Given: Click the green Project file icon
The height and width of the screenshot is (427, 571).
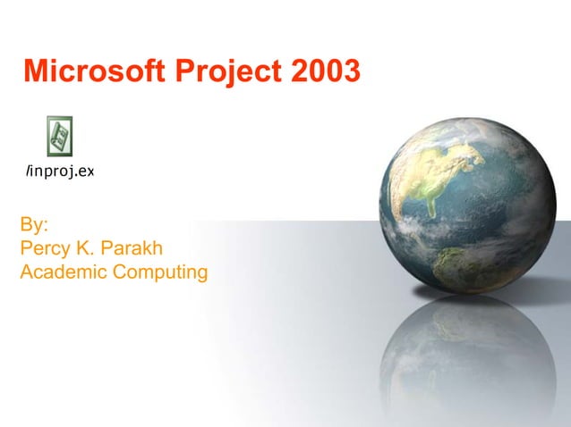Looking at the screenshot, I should tap(60, 137).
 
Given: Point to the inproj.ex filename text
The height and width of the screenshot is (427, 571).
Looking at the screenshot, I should tap(60, 171).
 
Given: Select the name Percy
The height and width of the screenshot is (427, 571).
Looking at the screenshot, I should tap(47, 247).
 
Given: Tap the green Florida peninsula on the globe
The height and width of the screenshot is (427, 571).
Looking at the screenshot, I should tap(436, 196).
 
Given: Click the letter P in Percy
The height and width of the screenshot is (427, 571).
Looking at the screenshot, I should tap(26, 247).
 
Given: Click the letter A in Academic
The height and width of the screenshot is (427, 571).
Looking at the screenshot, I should tap(26, 272).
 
